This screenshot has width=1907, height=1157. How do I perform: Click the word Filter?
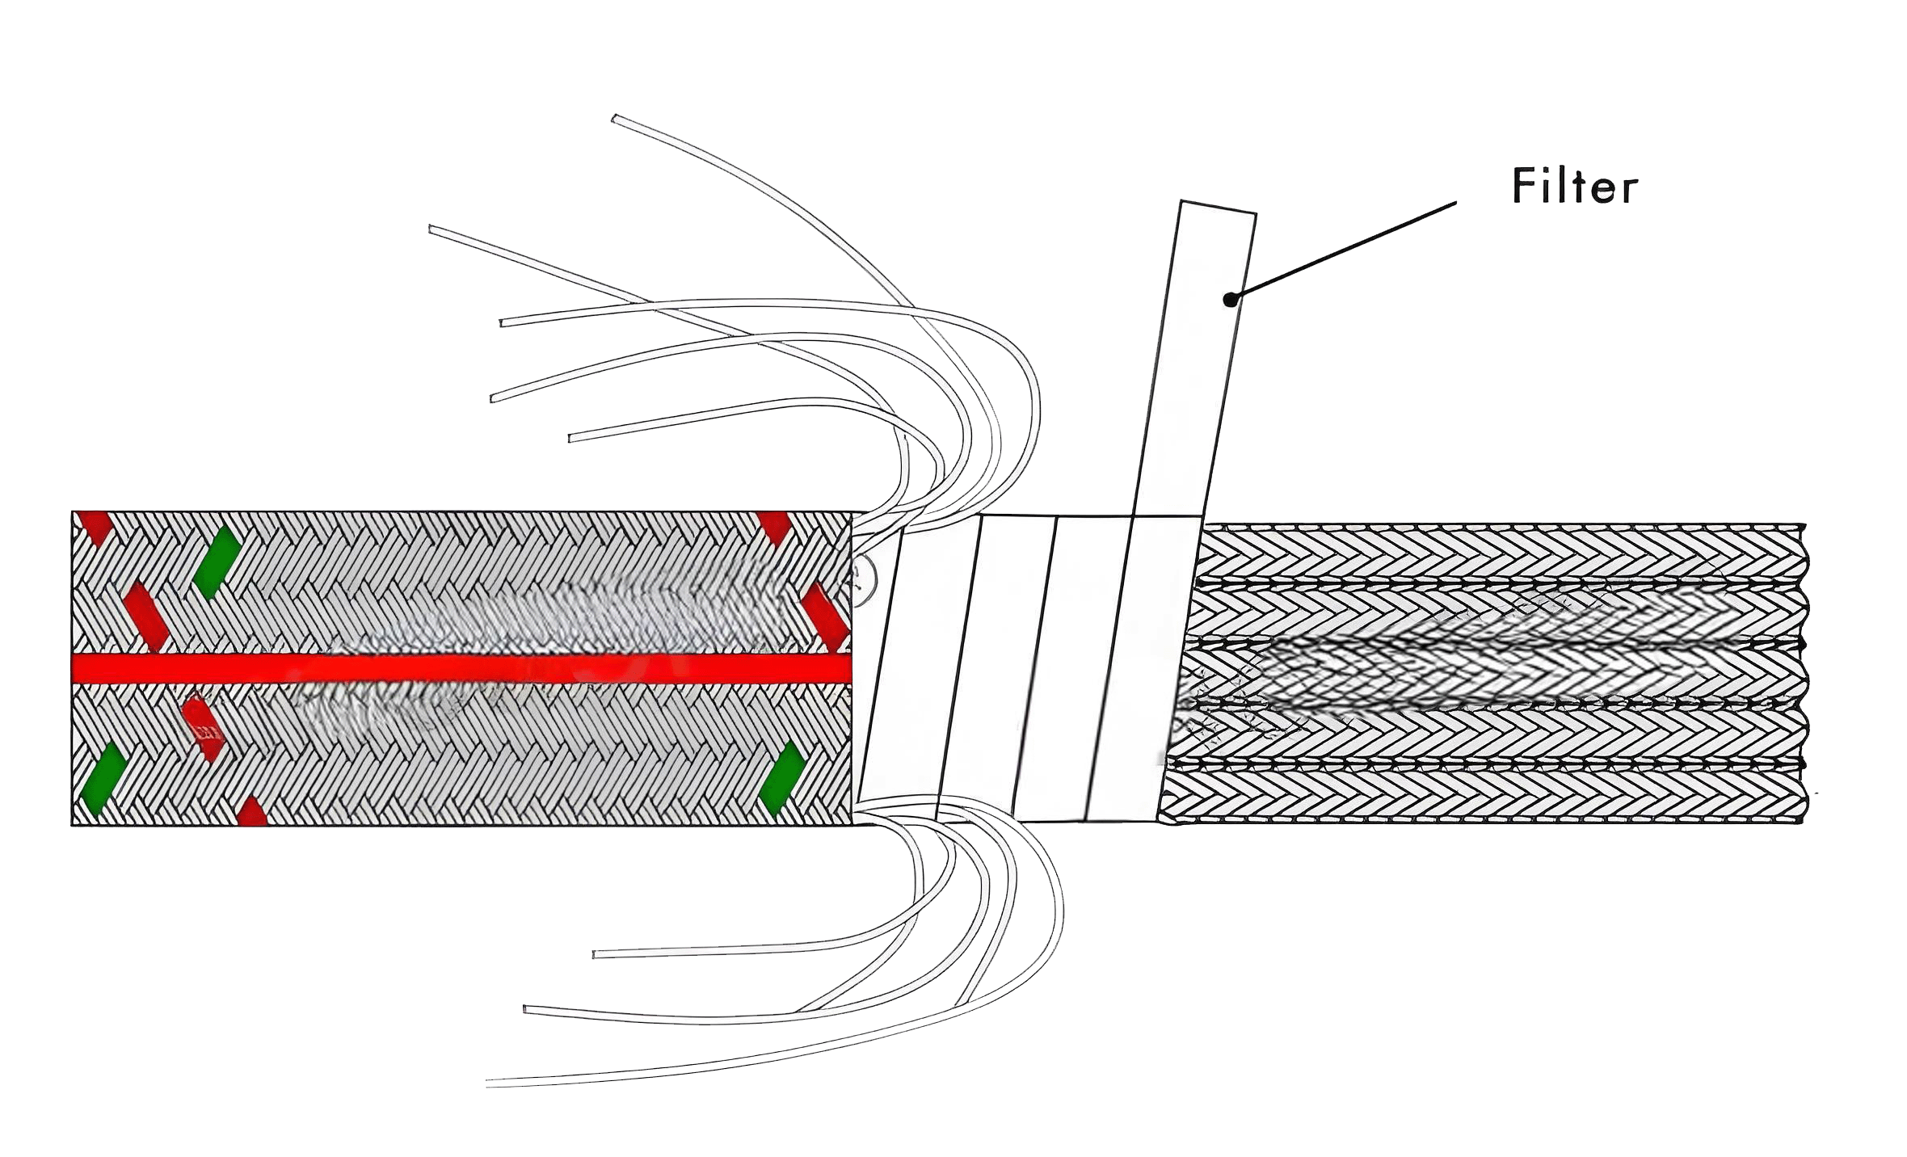pyautogui.click(x=1574, y=187)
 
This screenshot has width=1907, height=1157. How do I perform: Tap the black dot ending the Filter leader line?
pyautogui.click(x=1230, y=300)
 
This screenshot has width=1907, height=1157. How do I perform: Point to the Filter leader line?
pyautogui.click(x=1343, y=251)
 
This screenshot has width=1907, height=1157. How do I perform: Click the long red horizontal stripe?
pyautogui.click(x=461, y=668)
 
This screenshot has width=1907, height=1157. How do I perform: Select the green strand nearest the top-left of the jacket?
pyautogui.click(x=216, y=562)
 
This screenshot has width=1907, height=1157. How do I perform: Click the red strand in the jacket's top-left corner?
pyautogui.click(x=93, y=527)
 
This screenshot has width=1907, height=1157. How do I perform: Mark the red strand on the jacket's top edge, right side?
pyautogui.click(x=773, y=527)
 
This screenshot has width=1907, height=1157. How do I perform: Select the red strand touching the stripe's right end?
pyautogui.click(x=823, y=616)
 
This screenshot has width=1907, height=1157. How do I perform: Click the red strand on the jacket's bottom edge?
pyautogui.click(x=252, y=811)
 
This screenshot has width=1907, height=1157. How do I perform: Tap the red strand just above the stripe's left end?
pyautogui.click(x=146, y=616)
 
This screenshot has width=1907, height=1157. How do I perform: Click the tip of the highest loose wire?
pyautogui.click(x=614, y=119)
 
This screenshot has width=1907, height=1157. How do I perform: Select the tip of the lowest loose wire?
pyautogui.click(x=488, y=1083)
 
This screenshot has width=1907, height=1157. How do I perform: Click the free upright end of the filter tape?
pyautogui.click(x=1219, y=207)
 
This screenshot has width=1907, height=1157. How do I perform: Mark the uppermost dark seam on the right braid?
pyautogui.click(x=1501, y=581)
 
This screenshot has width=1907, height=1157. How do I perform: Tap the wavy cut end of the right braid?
pyautogui.click(x=1805, y=673)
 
